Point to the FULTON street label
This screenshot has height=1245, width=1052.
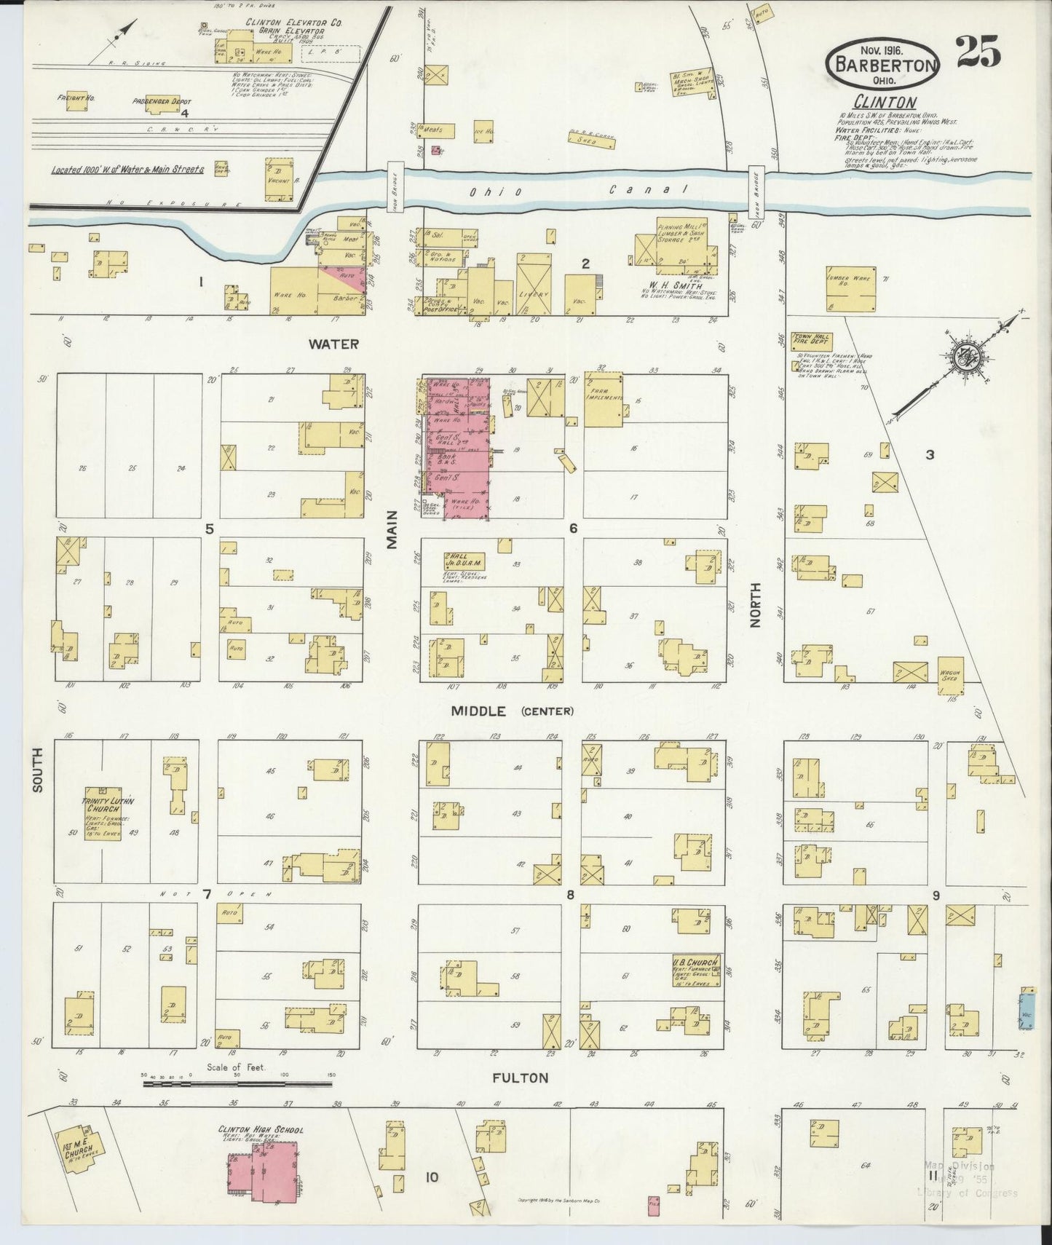pos(519,1078)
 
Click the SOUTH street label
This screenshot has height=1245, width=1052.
pos(38,769)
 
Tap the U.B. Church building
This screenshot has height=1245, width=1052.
pos(696,971)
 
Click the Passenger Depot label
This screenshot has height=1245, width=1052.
pos(162,101)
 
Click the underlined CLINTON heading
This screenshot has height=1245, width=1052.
pos(885,103)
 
